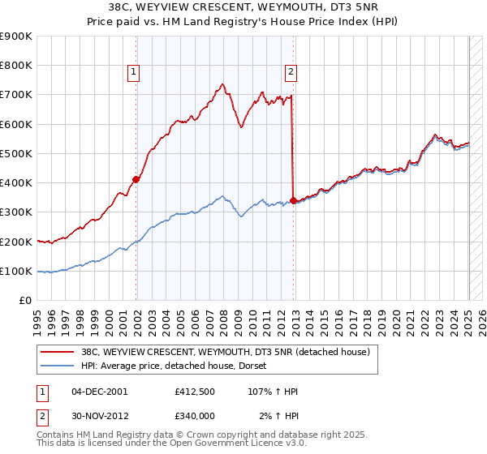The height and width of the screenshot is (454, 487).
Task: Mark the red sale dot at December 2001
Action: coord(136,180)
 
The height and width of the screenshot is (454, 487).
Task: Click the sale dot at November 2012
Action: coord(293,200)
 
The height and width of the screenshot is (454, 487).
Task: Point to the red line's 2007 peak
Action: coord(222,84)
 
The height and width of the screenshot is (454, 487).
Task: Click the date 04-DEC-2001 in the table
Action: coord(100,392)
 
